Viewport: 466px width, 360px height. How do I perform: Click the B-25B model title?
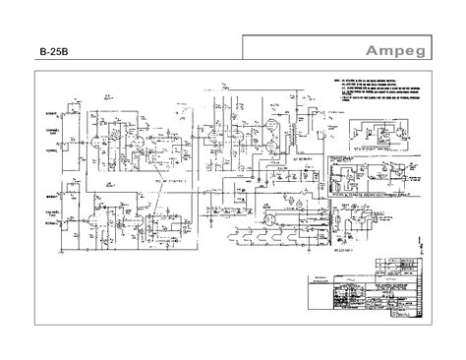53,53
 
